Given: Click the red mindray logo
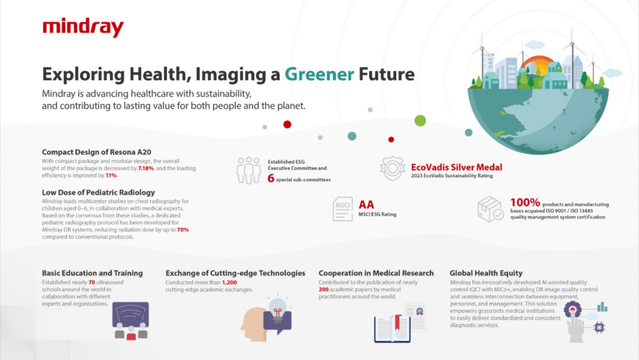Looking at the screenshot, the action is point(83,27).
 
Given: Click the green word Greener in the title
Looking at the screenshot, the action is point(319,74).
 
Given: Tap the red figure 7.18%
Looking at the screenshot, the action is point(146,168).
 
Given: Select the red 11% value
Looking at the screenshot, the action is point(111,175).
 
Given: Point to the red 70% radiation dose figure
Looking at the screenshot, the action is point(183,230).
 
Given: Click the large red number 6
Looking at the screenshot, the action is point(271,178).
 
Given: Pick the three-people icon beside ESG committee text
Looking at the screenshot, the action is point(249,170).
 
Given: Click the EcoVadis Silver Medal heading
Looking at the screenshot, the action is point(456,167).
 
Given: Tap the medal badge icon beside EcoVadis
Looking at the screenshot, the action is point(392,168).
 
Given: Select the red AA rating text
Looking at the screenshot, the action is point(366,205).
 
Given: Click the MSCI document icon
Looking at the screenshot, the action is point(342,209).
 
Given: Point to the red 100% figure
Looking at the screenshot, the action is point(525,203).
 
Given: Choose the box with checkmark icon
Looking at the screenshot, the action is point(491,209).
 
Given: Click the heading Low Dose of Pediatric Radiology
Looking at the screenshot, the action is point(98,193).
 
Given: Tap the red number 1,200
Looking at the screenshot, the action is point(229,283).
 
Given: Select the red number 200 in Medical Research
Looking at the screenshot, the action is point(323,290).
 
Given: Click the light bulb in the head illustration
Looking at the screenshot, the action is point(277,309).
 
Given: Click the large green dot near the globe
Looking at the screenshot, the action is point(420,121).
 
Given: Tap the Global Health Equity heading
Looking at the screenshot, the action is point(486,273).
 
